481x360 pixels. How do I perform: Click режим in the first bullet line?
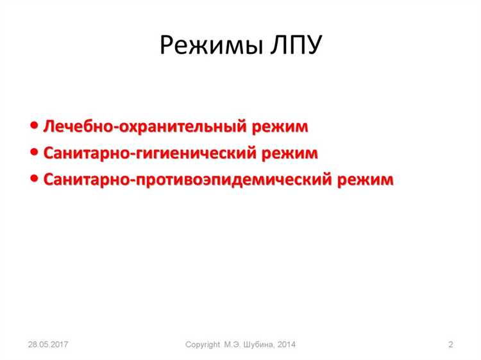[x=281, y=127]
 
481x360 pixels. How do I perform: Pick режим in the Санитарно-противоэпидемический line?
[x=366, y=180]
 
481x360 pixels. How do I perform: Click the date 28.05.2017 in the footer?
[x=48, y=345]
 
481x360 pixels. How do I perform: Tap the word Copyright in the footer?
[x=203, y=345]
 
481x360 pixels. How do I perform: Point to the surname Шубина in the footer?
[x=258, y=345]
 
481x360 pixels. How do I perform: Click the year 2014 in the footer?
[x=286, y=345]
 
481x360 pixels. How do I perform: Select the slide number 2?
[x=450, y=345]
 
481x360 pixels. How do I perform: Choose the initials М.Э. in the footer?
[x=232, y=345]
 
